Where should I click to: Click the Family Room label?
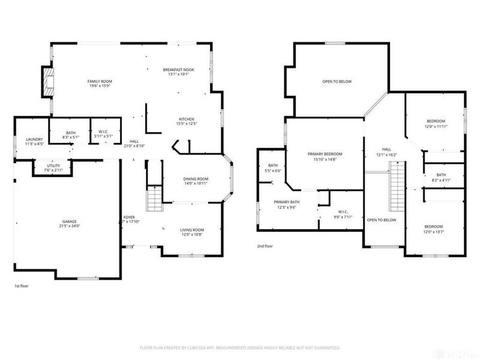tap(100, 81)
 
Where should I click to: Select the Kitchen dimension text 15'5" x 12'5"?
tap(186, 124)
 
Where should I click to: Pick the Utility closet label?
tap(53, 166)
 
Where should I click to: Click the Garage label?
tap(71, 221)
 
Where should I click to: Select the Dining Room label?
tap(195, 179)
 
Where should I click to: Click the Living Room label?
tap(192, 230)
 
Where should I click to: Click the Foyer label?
tap(129, 217)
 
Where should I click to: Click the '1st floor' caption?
tap(22, 286)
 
